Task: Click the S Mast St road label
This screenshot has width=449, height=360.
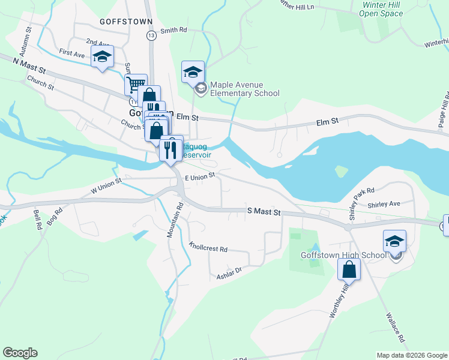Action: [x=264, y=212]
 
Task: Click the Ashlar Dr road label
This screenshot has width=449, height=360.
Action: [x=229, y=273]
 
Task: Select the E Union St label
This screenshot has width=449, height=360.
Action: [x=200, y=177]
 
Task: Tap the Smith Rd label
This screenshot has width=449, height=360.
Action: [x=174, y=29]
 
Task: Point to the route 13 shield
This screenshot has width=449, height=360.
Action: [x=151, y=36]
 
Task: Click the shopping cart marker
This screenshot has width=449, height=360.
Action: [x=136, y=84]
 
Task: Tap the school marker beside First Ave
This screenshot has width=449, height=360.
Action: [x=102, y=58]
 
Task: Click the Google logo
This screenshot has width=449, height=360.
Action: [x=20, y=353]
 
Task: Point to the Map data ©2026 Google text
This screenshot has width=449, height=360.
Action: [x=412, y=355]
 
